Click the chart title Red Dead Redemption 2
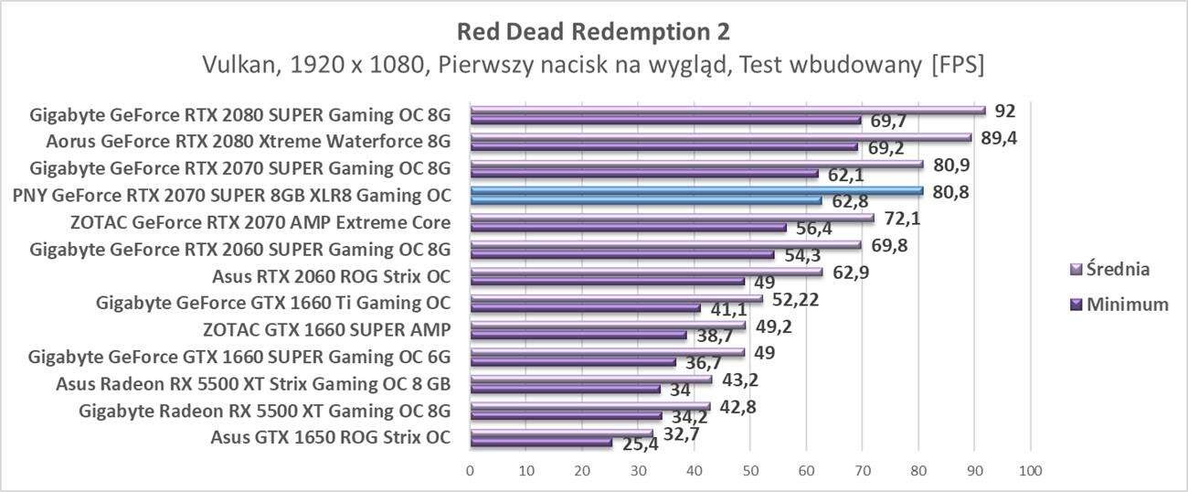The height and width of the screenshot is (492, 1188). click(593, 31)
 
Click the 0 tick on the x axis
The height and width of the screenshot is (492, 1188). click(470, 470)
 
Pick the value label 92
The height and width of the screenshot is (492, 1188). click(1005, 112)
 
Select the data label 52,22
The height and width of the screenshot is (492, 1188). click(791, 298)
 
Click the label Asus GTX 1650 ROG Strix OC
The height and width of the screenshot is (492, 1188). click(330, 436)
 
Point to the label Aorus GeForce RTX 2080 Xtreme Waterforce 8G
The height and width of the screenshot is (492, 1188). click(249, 142)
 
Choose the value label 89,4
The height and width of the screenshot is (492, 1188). click(998, 138)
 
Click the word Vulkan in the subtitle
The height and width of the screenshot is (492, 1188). click(234, 67)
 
